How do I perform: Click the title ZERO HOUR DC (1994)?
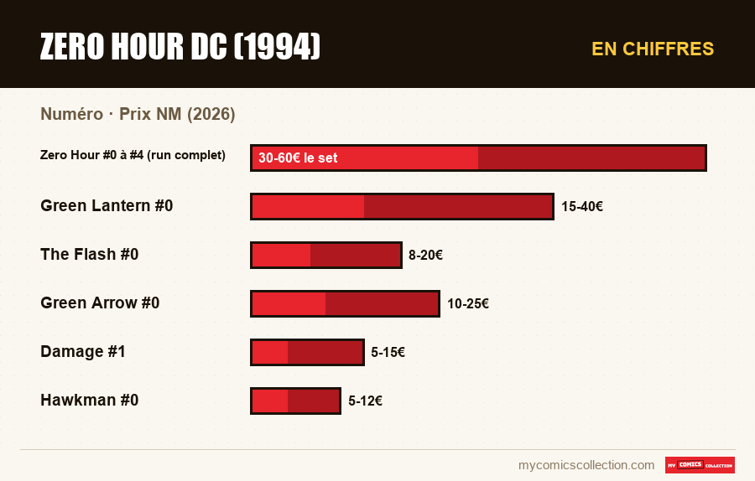[180, 47]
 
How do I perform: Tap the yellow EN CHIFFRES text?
[653, 49]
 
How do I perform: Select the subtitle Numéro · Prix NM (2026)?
[138, 114]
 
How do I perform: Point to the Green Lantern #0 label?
[107, 206]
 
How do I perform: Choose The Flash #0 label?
[90, 254]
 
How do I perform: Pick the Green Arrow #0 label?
[100, 303]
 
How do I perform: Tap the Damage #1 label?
[83, 352]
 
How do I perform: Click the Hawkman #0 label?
[90, 401]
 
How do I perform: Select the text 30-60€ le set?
[298, 158]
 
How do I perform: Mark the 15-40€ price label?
[582, 206]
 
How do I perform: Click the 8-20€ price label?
[425, 255]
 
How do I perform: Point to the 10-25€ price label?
[468, 303]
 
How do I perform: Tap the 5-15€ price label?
[388, 352]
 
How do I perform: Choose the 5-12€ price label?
[366, 401]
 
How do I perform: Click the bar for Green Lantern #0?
[402, 206]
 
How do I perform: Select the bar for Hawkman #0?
[295, 401]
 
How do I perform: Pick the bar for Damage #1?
[307, 352]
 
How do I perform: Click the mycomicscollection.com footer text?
[586, 465]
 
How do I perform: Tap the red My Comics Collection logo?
[700, 465]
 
